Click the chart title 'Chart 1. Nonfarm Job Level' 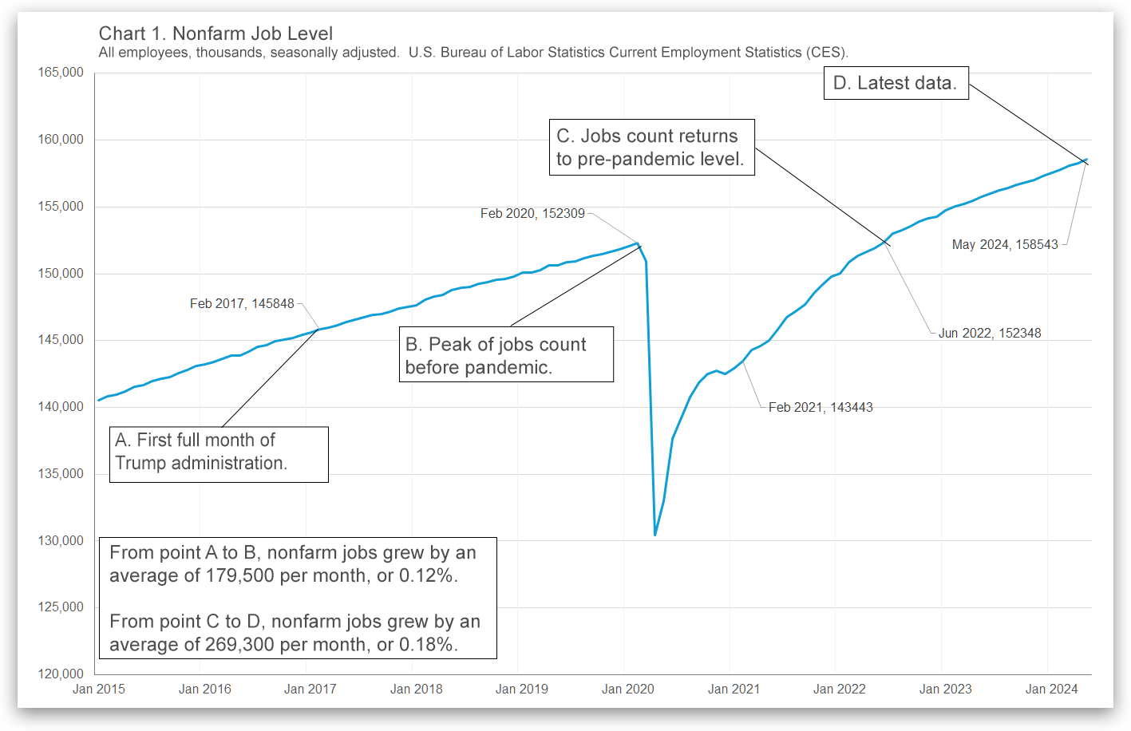(x=216, y=34)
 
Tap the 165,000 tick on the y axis (x=61, y=73)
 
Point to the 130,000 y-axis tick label (x=61, y=541)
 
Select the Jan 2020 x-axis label (x=627, y=690)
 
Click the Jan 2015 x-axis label (x=99, y=690)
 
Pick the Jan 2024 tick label (x=1051, y=690)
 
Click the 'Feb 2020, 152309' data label (x=532, y=214)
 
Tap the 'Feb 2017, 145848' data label (x=242, y=304)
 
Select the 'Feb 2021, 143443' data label (x=821, y=408)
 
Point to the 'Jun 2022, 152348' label (x=990, y=334)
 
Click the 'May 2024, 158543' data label (x=1005, y=245)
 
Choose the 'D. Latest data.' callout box (x=896, y=83)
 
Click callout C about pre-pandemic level (x=651, y=148)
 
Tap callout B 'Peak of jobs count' (x=506, y=355)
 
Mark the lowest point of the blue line (x=655, y=535)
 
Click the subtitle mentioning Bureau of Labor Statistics (x=473, y=53)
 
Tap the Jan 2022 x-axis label (x=839, y=690)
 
